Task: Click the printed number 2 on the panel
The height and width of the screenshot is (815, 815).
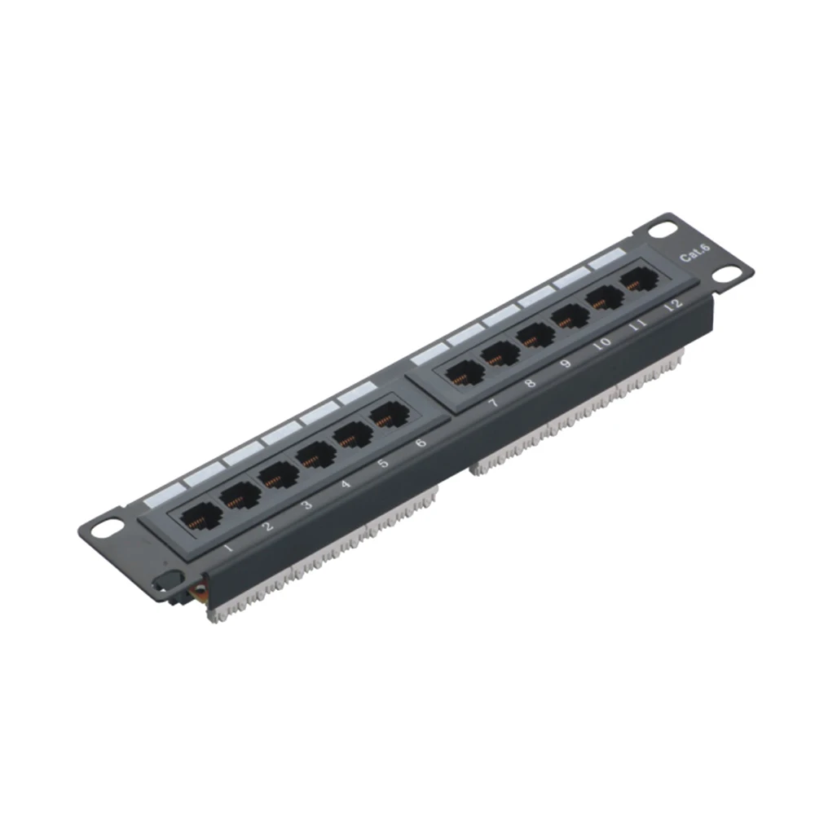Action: [x=268, y=526]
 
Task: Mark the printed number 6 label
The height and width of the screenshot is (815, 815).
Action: [x=420, y=443]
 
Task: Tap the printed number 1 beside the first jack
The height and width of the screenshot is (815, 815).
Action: [x=229, y=548]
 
